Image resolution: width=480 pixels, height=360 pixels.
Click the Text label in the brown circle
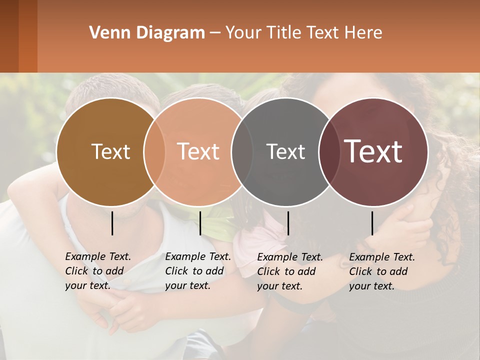[x=110, y=151]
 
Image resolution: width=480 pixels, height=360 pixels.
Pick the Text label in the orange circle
[x=198, y=151]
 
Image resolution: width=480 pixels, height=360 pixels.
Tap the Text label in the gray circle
[x=285, y=151]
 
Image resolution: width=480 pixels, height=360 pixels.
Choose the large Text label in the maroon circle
[x=373, y=151]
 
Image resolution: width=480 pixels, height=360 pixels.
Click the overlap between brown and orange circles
[x=154, y=152]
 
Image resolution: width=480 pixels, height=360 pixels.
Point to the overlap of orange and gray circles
[x=242, y=152]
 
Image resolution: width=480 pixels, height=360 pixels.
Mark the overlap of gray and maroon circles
[x=328, y=152]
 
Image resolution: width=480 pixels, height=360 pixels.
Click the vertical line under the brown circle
[x=112, y=223]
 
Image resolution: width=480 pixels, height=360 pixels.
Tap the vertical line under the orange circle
[x=200, y=223]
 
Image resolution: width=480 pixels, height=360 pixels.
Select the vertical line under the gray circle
[x=288, y=223]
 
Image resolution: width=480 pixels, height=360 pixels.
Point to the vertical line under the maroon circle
[x=372, y=223]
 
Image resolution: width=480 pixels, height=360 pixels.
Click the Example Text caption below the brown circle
[x=97, y=271]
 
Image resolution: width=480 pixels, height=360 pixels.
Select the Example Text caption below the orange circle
[x=197, y=271]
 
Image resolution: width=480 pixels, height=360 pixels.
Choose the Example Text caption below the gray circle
[x=289, y=271]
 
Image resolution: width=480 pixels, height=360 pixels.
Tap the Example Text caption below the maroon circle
[x=381, y=271]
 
